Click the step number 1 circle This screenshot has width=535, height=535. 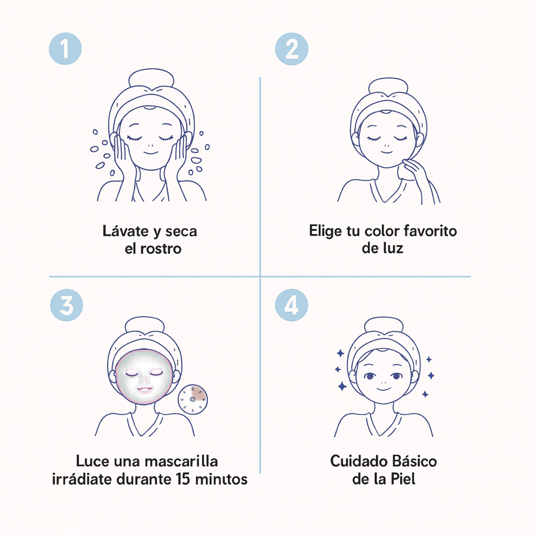tap(65, 49)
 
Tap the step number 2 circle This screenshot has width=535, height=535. tap(292, 49)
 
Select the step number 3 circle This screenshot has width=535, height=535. tap(66, 305)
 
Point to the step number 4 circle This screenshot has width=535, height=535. tap(292, 305)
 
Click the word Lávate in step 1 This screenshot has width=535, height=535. tap(125, 231)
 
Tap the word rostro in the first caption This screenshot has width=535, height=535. tap(160, 248)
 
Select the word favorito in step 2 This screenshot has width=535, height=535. tap(430, 231)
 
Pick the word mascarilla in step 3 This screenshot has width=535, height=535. tap(181, 461)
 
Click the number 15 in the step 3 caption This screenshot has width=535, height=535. tap(183, 479)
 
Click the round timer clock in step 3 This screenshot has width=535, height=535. tap(193, 399)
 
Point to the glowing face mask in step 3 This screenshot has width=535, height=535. tap(144, 376)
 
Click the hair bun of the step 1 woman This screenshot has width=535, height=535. tap(151, 78)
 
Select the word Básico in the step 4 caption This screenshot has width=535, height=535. tap(414, 461)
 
